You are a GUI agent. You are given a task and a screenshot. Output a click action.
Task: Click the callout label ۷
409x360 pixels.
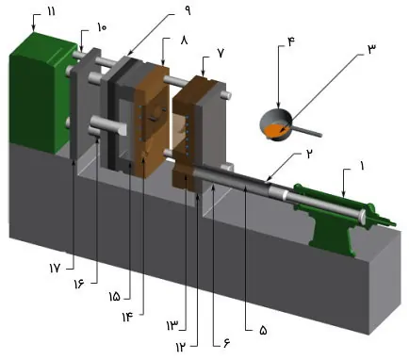coord(220,55)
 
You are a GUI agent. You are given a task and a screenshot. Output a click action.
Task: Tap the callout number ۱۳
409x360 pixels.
coord(172,325)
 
